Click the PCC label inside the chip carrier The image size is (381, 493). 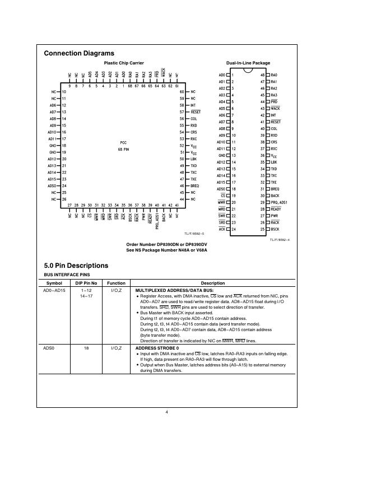[123, 143]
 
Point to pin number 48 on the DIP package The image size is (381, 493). [262, 75]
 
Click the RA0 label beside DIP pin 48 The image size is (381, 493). [274, 75]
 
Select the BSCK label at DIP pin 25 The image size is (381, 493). [275, 229]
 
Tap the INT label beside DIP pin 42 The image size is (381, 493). [273, 115]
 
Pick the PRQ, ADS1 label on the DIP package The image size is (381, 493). [279, 202]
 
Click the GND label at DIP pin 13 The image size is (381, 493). [222, 156]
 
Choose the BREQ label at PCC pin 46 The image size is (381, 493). [194, 185]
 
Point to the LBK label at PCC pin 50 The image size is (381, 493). [193, 159]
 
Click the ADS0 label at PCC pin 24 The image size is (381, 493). [53, 185]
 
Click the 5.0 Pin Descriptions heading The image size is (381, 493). [76, 266]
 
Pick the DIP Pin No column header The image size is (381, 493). [87, 283]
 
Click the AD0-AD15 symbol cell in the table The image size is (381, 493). [54, 291]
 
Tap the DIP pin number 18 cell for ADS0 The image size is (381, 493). [86, 348]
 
